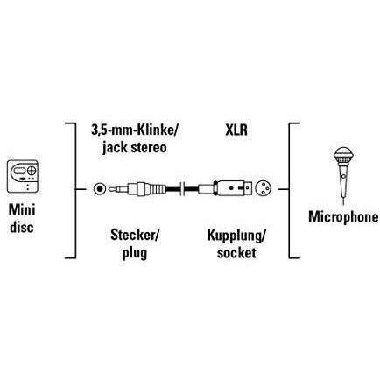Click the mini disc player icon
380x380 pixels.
coord(23,176)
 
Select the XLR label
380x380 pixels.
coord(236,130)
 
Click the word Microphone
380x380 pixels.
coord(343,217)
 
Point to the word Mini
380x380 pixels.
coord(22,209)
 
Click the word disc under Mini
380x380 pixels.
coord(22,227)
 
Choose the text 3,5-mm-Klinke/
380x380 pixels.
coord(135,130)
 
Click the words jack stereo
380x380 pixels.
coord(135,147)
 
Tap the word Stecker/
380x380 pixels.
coord(135,235)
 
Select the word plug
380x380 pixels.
coord(135,253)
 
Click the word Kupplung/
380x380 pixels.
coord(236,236)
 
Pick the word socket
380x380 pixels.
coord(236,252)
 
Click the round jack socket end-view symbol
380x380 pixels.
coord(100,189)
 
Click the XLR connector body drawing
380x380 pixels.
coord(225,189)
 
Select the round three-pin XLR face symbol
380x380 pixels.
coord(264,189)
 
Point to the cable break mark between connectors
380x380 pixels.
coord(182,189)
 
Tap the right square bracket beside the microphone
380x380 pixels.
coord(292,191)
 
